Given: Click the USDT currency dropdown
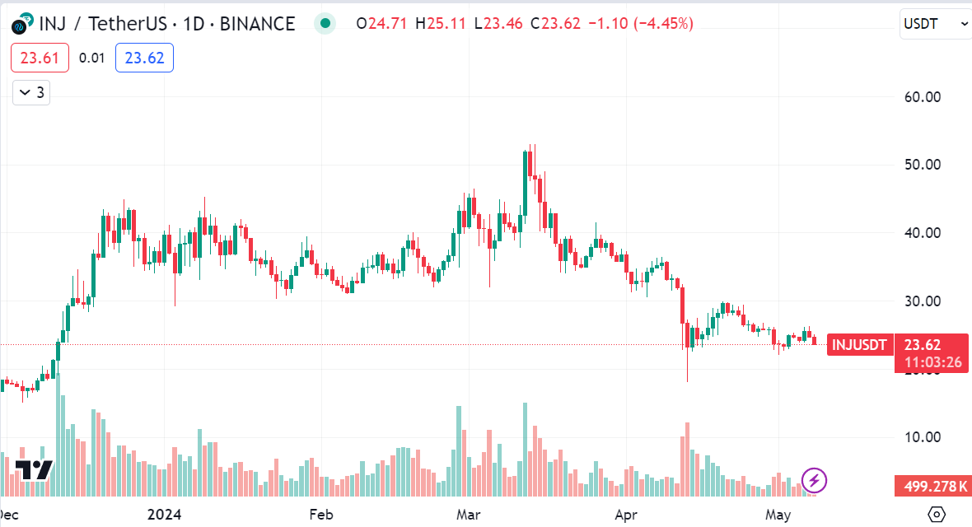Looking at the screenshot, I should click(x=935, y=24).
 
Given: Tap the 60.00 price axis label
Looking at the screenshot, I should click(x=921, y=97).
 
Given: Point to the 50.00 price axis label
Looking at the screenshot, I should click(x=921, y=165).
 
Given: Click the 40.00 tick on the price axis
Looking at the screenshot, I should click(x=921, y=233).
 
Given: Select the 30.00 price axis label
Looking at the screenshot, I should click(x=921, y=301).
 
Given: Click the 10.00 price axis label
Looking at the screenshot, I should click(x=921, y=437).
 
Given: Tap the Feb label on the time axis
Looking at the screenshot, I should click(x=320, y=515).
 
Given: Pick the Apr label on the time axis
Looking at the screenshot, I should click(x=627, y=515).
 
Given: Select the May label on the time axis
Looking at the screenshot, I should click(x=778, y=515).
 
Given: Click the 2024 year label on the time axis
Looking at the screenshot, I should click(x=164, y=515).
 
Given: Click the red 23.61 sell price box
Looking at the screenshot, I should click(x=39, y=58).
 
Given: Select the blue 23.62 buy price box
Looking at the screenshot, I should click(x=144, y=58).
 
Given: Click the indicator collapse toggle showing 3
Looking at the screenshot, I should click(x=31, y=93).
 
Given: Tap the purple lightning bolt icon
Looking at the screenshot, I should click(x=814, y=480).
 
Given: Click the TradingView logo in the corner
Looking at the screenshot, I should click(x=33, y=470).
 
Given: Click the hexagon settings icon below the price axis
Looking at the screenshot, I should click(x=937, y=515).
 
